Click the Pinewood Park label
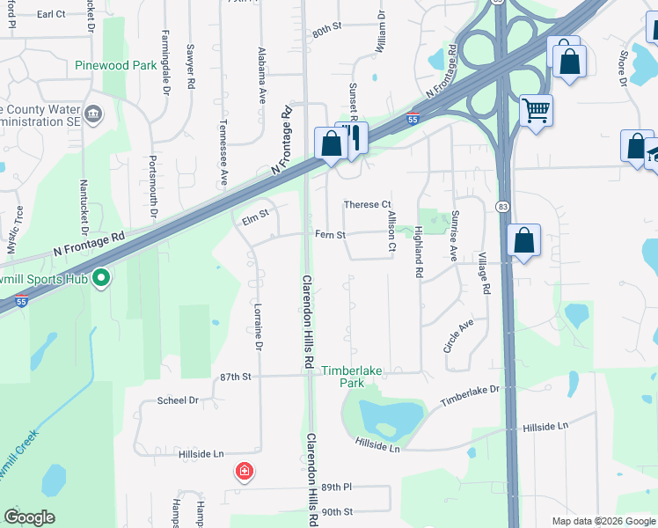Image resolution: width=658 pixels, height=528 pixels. (116, 66)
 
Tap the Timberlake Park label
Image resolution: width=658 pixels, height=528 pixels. (352, 377)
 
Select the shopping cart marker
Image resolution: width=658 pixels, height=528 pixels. (536, 112)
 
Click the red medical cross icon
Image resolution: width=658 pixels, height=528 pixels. (245, 473)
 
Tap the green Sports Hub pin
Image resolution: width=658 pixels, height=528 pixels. (101, 279)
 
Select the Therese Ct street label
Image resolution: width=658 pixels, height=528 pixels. (367, 205)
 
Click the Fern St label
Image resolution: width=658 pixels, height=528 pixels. (331, 235)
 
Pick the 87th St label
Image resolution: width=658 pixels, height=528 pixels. (236, 376)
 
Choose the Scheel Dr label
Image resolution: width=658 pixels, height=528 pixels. (178, 400)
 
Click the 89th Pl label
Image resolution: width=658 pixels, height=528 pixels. (336, 487)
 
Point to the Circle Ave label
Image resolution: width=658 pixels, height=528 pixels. (458, 336)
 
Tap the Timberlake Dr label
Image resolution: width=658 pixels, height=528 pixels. (470, 394)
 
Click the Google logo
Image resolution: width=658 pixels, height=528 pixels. (30, 517)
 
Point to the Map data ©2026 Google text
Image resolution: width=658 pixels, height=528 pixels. (603, 521)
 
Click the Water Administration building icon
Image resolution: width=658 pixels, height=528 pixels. (94, 114)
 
